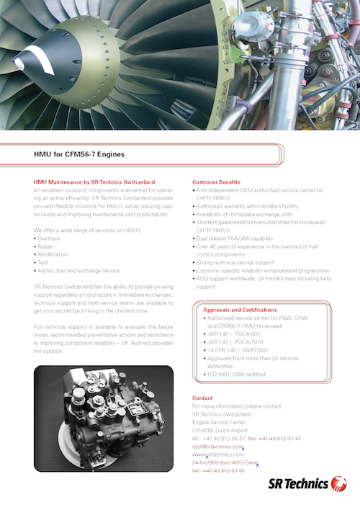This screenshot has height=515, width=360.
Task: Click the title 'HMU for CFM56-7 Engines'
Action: coord(80,155)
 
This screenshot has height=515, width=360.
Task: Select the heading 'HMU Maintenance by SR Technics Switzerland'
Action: coord(94,182)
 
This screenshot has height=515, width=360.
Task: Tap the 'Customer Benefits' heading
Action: coord(217,182)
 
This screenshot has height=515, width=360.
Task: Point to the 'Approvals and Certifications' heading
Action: coord(240,310)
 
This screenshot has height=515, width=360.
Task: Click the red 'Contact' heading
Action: coord(202,398)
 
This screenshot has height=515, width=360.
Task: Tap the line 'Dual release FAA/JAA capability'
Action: coord(235,238)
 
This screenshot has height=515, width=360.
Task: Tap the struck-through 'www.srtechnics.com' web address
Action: coord(219,454)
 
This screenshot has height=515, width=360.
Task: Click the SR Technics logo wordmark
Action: coord(307,484)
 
